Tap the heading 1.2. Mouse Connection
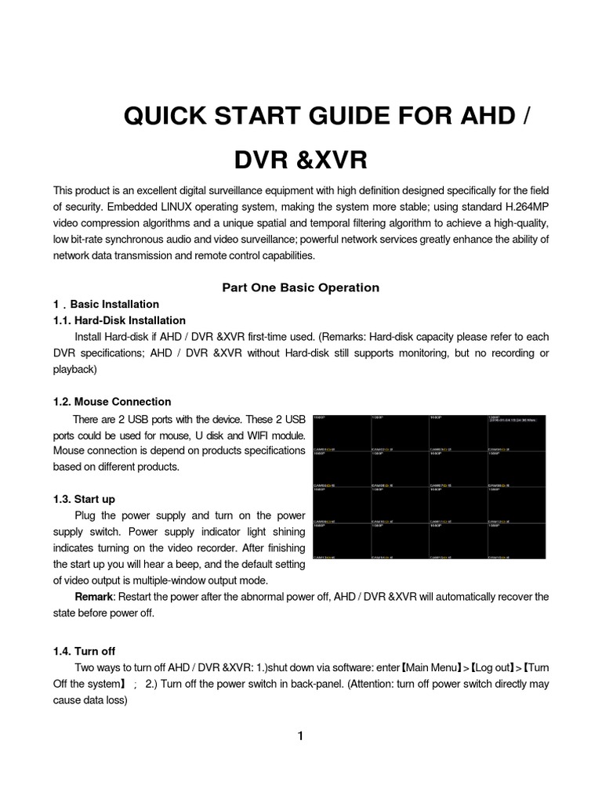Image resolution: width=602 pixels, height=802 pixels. click(112, 402)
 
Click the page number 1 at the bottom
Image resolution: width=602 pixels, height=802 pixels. click(300, 735)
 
